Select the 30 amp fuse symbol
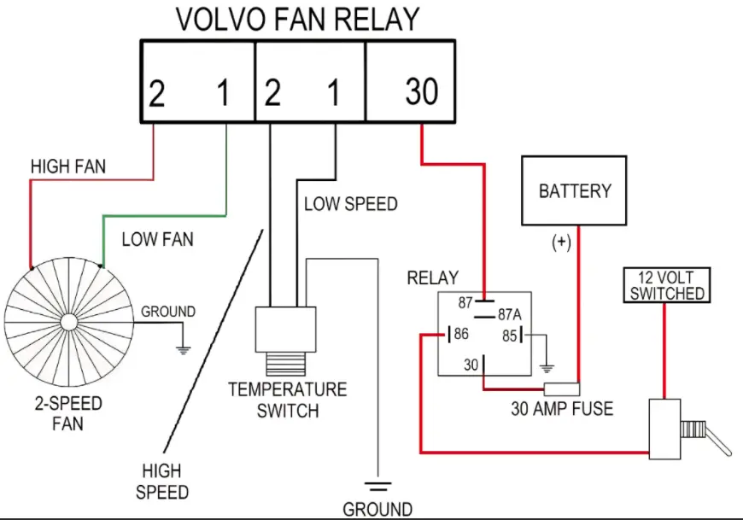[x=561, y=389]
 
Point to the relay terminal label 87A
[x=509, y=314]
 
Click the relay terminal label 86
[x=461, y=334]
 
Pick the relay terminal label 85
[x=509, y=336]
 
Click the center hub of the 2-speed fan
[x=68, y=323]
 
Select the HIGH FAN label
[x=68, y=167]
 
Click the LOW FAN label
[x=158, y=239]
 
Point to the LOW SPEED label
[x=351, y=204]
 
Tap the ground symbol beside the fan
[x=183, y=350]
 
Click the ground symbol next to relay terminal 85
[x=547, y=368]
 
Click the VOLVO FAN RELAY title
[x=297, y=20]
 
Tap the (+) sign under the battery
[x=561, y=242]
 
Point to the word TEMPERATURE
[x=288, y=389]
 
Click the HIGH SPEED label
[x=162, y=482]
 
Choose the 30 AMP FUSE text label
[x=562, y=409]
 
